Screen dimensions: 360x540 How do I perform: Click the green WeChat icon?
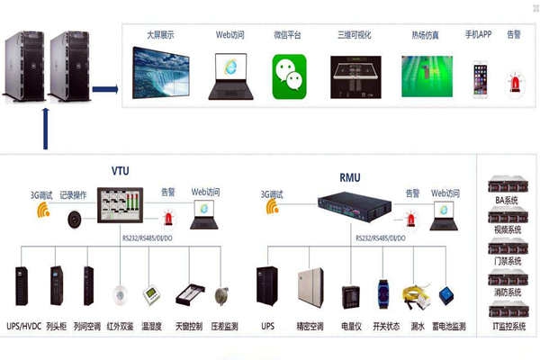(288, 72)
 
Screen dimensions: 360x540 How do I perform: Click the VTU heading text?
(120, 172)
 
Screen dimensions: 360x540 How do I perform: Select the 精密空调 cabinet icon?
(310, 285)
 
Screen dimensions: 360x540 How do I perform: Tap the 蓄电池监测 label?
(447, 326)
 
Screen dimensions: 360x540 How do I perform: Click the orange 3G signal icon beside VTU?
(43, 211)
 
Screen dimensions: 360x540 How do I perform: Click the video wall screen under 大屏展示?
(160, 72)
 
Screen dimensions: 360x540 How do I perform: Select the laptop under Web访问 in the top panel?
(230, 76)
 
